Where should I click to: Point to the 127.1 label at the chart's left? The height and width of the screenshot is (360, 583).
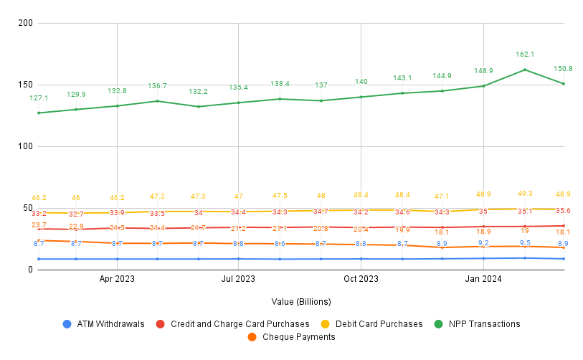click(39, 98)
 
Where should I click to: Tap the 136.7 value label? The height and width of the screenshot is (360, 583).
click(157, 85)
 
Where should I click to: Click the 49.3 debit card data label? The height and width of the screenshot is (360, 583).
click(525, 193)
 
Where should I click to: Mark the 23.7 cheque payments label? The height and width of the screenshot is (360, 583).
click(39, 225)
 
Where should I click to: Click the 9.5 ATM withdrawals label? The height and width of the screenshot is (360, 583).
click(525, 242)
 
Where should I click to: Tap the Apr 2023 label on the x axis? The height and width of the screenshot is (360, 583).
click(117, 278)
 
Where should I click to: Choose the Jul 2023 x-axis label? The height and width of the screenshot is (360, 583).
click(238, 278)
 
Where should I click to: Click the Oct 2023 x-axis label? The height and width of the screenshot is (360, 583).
click(361, 278)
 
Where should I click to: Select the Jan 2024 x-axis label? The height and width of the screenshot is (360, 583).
click(483, 278)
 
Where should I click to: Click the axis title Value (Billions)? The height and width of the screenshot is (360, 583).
click(301, 302)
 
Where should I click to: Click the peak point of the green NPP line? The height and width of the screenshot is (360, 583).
click(525, 70)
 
